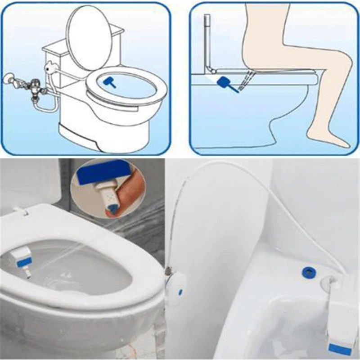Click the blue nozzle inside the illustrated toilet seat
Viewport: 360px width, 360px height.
point(109,82)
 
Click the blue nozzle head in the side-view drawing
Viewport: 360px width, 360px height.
point(224,82)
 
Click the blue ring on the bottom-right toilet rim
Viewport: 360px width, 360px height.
point(309,271)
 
